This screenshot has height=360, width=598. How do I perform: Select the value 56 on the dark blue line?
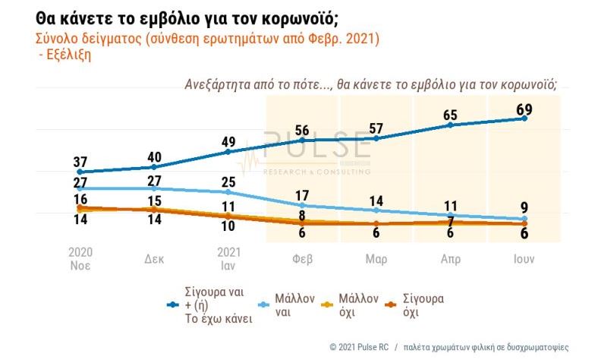click(x=302, y=129)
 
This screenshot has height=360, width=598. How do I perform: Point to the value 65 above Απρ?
click(x=450, y=115)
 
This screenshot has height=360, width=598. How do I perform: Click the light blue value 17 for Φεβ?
click(x=302, y=194)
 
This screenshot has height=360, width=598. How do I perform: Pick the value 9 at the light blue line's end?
click(x=524, y=207)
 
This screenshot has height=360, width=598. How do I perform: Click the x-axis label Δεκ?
click(x=154, y=259)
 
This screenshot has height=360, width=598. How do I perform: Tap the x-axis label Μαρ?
click(x=376, y=259)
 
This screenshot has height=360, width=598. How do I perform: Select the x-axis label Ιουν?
click(x=523, y=259)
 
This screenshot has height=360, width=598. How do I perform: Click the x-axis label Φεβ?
click(x=302, y=259)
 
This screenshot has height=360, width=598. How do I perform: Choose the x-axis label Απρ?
click(x=451, y=259)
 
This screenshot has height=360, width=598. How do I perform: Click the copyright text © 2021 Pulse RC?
click(x=358, y=346)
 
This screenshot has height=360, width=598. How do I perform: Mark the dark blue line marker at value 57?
click(x=376, y=138)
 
